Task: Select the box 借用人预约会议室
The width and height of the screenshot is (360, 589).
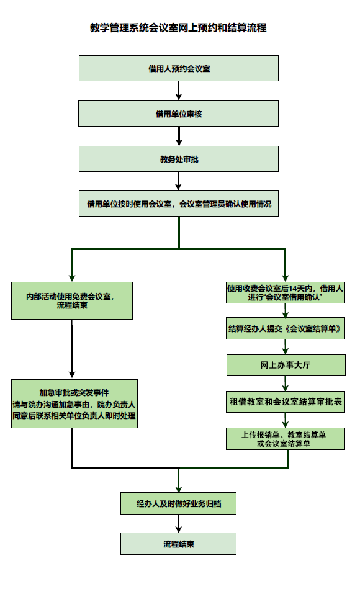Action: [179, 68]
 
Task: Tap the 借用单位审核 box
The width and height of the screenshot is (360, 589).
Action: [179, 114]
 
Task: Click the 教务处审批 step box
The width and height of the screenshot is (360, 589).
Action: [179, 159]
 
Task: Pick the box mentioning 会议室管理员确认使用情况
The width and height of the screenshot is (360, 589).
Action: [179, 204]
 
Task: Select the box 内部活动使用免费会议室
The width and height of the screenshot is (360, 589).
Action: [72, 300]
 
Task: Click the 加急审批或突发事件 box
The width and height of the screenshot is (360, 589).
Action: [74, 403]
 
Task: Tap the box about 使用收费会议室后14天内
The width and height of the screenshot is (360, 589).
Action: [286, 292]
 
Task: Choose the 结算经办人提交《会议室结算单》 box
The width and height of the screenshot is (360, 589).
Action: [286, 330]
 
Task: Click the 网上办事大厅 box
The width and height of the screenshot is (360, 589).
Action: [286, 365]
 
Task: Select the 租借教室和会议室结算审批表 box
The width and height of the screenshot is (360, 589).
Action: [286, 402]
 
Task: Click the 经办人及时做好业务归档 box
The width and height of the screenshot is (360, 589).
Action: [179, 503]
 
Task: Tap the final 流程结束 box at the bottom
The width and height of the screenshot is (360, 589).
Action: [179, 544]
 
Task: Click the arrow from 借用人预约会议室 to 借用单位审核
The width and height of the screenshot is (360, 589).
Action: [179, 91]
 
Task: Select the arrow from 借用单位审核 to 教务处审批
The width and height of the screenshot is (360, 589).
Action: [179, 136]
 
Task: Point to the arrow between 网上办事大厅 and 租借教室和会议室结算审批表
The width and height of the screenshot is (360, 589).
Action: [286, 383]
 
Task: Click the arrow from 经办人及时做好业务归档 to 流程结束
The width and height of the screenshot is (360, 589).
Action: [179, 523]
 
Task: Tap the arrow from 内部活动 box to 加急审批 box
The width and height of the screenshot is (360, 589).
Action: [72, 349]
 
